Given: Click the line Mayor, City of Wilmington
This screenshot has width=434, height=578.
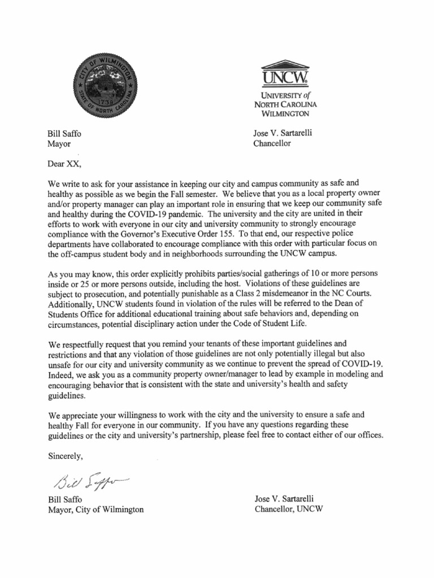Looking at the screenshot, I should click(96, 509).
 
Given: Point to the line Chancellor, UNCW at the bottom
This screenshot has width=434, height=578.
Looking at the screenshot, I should click(288, 509).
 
